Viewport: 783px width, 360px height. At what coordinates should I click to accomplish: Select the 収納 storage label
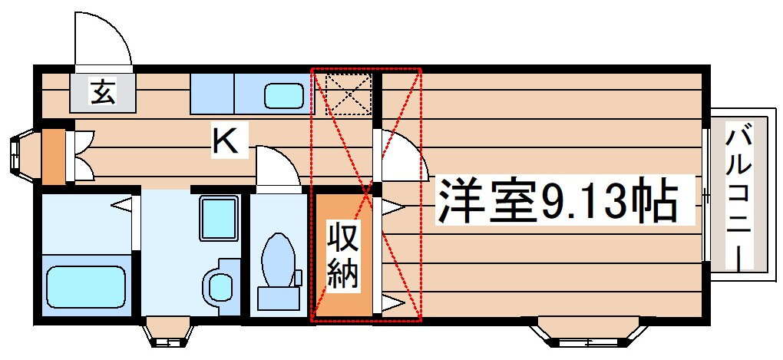(343, 254)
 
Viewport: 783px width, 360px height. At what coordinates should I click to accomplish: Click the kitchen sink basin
(285, 96)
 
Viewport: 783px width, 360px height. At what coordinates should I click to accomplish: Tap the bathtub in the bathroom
(85, 286)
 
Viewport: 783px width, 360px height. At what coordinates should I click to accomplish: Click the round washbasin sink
(221, 286)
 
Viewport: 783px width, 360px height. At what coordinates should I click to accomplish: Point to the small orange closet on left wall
(53, 157)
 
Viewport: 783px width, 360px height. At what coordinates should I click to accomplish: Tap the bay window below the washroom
(167, 332)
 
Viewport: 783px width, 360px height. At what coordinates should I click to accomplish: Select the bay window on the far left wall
(21, 156)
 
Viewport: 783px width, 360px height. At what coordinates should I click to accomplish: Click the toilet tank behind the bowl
(276, 296)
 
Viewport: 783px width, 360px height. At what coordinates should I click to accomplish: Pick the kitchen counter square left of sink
(211, 94)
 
